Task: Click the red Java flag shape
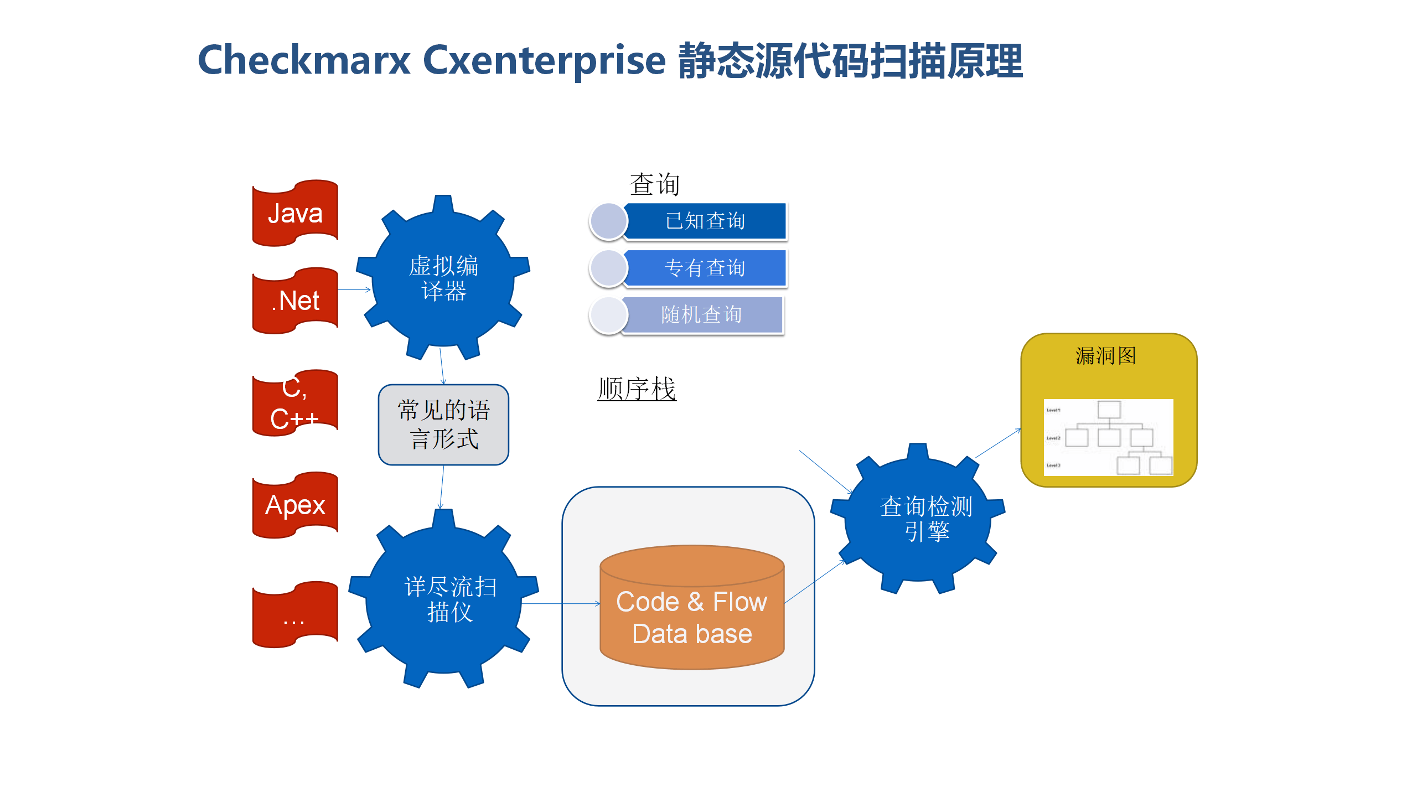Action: coord(295,213)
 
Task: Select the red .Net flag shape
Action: coord(295,301)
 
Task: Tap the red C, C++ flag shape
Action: coord(295,403)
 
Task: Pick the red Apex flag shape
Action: coord(295,505)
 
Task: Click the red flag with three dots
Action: coord(295,614)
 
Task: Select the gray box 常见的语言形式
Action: coord(443,425)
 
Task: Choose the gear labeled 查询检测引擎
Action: coord(919,519)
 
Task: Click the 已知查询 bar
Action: coord(705,221)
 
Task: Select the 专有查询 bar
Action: coord(705,268)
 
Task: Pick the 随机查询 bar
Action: coord(702,314)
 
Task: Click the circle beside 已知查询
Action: coord(608,221)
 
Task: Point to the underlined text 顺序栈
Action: coord(637,389)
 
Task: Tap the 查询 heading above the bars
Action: coord(654,184)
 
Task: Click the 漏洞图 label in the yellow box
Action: coord(1106,356)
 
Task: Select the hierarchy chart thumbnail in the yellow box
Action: coord(1108,437)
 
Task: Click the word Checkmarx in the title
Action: coord(304,60)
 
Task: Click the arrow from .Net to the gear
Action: coord(354,289)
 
